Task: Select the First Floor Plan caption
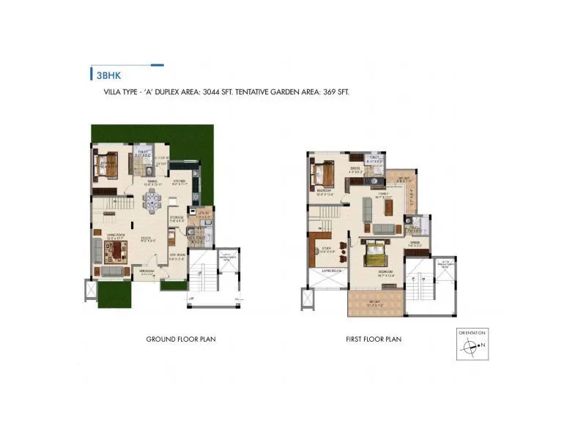374,339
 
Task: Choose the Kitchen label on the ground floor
179,182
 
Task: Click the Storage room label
176,217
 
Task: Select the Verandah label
148,271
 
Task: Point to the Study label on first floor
327,249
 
